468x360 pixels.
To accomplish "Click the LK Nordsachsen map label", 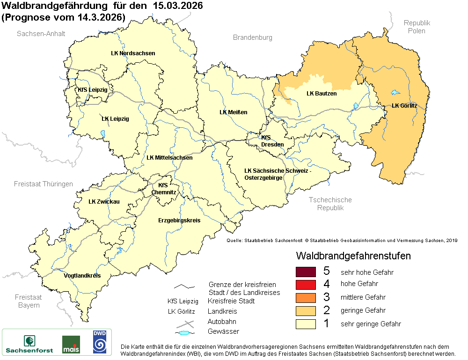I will pos(133,53).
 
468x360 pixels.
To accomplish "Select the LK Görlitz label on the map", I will pos(404,106).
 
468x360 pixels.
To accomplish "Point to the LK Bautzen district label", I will pos(322,94).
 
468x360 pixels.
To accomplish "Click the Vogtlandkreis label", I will pos(82,276).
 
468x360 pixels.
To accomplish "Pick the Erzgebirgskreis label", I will pos(179,220).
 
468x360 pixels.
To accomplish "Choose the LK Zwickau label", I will pos(104,202).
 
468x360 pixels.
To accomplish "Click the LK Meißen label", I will pos(233,112).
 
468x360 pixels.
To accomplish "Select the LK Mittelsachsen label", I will pos(169,158).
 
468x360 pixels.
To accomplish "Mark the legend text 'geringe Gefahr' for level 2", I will pos(363,310).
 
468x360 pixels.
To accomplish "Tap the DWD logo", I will pos(99,342).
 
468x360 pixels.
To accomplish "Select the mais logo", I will pos(71,345).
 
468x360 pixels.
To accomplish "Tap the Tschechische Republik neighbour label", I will pos(330,204).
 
